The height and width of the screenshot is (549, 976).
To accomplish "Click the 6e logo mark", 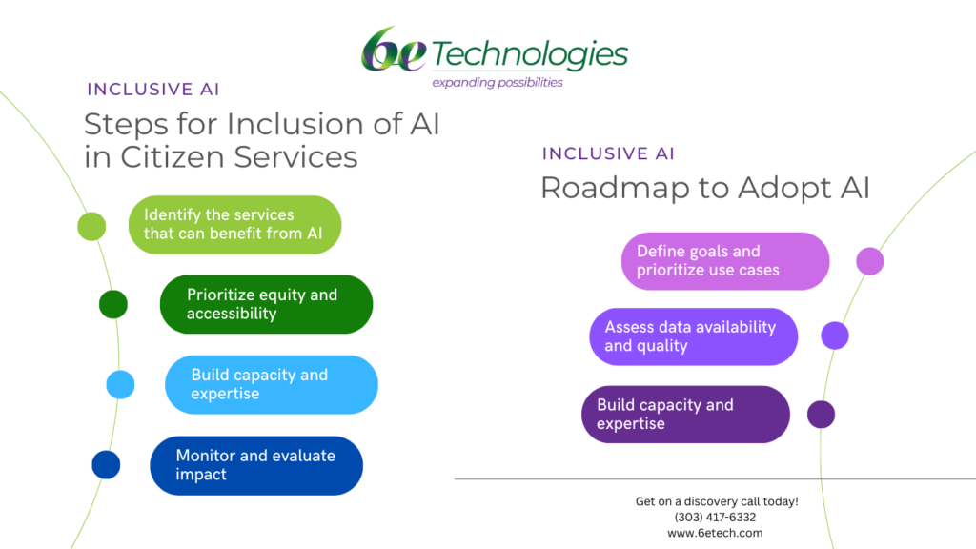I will pyautogui.click(x=394, y=51).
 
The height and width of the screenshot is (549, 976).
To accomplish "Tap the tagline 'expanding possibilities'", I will pyautogui.click(x=497, y=83).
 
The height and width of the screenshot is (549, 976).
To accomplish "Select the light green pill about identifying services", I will pyautogui.click(x=234, y=225).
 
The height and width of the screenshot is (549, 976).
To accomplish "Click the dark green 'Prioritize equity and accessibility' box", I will pyautogui.click(x=266, y=304).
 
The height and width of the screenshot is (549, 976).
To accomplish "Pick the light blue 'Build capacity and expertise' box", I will pyautogui.click(x=271, y=384).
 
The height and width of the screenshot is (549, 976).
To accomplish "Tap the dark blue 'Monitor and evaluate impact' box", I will pyautogui.click(x=256, y=465).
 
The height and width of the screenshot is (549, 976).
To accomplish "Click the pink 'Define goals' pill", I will pyautogui.click(x=725, y=261).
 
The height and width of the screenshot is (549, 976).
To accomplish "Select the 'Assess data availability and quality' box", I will pyautogui.click(x=693, y=336).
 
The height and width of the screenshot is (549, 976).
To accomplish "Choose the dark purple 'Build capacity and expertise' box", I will pyautogui.click(x=685, y=415).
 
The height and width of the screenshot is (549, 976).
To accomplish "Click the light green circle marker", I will pyautogui.click(x=91, y=227).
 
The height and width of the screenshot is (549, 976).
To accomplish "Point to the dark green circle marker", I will pyautogui.click(x=113, y=304).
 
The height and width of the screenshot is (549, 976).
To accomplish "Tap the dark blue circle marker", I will pyautogui.click(x=106, y=465).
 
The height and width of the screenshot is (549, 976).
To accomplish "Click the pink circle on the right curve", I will pyautogui.click(x=869, y=261).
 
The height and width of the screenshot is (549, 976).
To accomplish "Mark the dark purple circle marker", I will pyautogui.click(x=821, y=415).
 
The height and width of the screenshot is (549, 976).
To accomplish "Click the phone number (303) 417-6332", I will pyautogui.click(x=715, y=518).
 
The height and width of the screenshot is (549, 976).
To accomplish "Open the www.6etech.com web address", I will pyautogui.click(x=715, y=533).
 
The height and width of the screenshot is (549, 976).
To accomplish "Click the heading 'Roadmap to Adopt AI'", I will pyautogui.click(x=704, y=188).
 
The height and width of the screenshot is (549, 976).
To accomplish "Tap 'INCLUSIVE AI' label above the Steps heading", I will pyautogui.click(x=153, y=90).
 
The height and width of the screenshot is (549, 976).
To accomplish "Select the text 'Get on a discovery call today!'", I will pyautogui.click(x=716, y=501).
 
